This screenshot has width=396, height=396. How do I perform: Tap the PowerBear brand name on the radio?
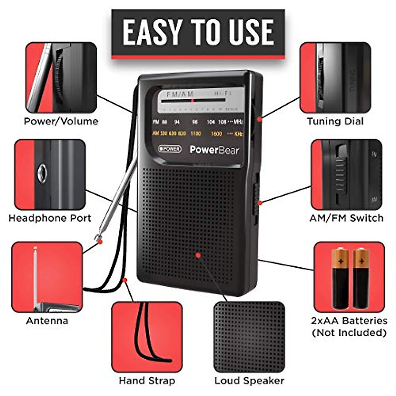coord(214,150)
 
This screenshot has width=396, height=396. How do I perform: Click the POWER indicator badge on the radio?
coord(170,149)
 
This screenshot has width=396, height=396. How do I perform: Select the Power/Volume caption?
coord(61,121)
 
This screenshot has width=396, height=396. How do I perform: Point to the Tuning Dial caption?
coord(335,121)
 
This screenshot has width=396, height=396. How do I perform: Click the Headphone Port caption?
coord(50,218)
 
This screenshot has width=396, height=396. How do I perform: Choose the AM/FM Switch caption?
coord(346,218)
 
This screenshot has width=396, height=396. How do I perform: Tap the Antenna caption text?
coord(47,321)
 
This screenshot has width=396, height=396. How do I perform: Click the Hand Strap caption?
coord(147,381)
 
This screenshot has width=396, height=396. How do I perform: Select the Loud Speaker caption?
coord(249,381)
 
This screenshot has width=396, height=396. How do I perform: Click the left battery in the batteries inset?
coord(340,279)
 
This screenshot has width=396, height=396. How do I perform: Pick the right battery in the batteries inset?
coord(361,279)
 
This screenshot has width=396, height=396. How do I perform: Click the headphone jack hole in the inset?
coord(42,173)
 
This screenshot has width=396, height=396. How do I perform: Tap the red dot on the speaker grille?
coord(198,255)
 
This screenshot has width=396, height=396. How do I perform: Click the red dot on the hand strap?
coord(125,280)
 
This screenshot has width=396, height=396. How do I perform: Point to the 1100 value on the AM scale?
coord(195,134)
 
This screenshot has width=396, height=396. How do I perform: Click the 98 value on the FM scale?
coord(195,122)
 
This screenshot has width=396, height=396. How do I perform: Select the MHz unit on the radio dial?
coord(238,122)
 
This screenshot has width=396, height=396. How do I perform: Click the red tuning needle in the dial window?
coord(193,100)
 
